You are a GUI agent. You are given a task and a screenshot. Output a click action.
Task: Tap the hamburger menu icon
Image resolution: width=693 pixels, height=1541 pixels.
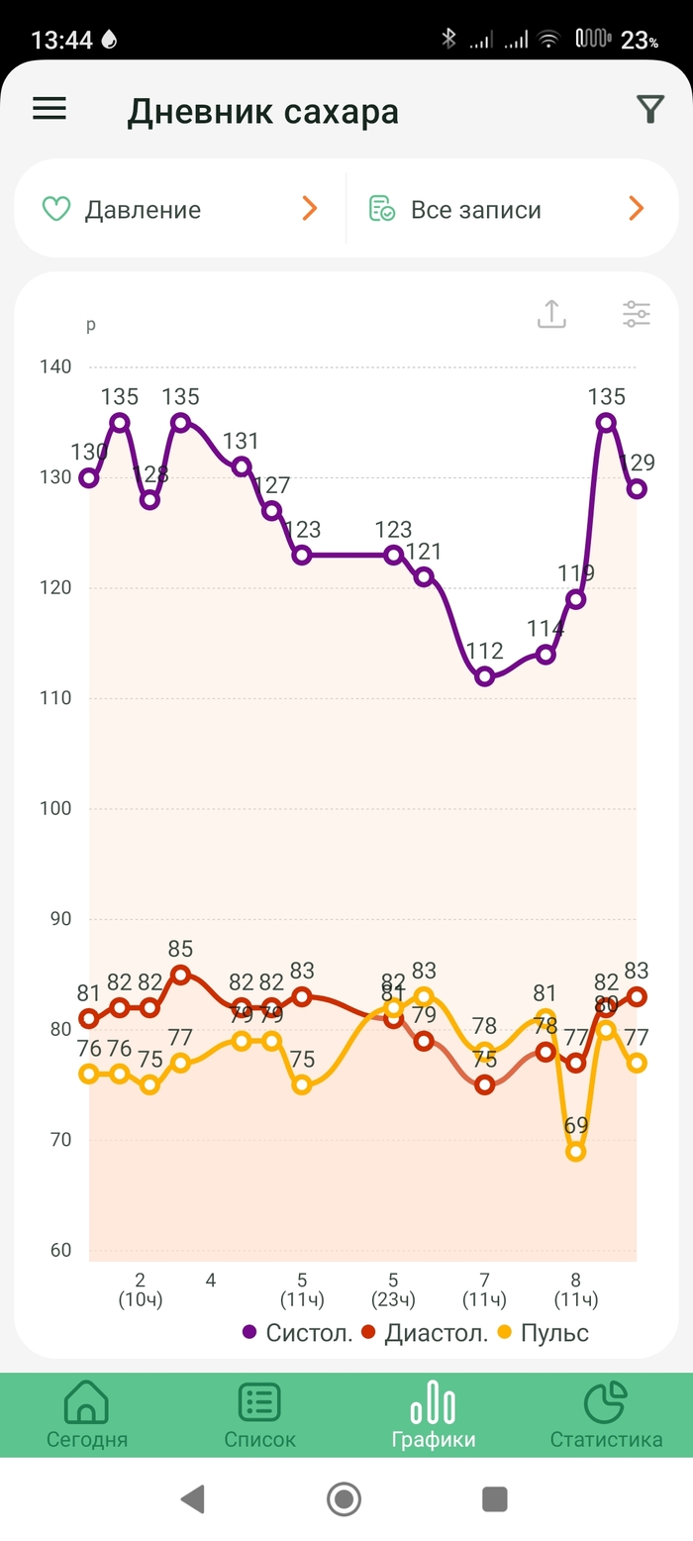[49, 109]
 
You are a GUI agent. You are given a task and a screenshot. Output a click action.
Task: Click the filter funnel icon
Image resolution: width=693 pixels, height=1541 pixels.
[649, 110]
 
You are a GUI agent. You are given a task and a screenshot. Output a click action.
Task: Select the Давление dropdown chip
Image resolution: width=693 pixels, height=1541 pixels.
[179, 209]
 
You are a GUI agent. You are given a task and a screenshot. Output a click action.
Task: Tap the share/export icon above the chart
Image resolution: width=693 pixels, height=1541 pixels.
[551, 314]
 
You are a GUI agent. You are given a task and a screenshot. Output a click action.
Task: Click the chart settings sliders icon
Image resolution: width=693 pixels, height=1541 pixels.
[637, 314]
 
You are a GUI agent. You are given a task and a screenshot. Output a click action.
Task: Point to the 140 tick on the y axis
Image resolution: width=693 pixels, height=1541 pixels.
[55, 367]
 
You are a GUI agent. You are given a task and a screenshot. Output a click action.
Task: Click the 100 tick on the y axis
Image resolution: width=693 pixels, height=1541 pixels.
[55, 809]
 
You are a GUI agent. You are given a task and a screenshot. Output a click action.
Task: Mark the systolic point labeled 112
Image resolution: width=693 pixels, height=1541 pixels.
[485, 677]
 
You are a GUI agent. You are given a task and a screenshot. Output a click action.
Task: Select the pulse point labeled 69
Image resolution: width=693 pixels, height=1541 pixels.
[576, 1152]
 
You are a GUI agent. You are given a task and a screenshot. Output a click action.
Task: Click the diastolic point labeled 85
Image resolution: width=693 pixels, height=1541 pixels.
[180, 975]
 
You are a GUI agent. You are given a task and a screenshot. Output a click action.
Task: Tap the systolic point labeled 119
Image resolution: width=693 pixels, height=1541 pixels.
[576, 599]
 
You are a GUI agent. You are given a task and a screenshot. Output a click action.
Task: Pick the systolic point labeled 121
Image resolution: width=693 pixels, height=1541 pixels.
[424, 577]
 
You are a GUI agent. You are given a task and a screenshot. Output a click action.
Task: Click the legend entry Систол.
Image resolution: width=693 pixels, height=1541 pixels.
[298, 1333]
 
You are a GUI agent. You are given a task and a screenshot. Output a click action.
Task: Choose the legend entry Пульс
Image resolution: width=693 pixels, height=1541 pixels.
[544, 1333]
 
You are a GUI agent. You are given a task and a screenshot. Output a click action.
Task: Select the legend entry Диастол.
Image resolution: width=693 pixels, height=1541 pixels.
[425, 1333]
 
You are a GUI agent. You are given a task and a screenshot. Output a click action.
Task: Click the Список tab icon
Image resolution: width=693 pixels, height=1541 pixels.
[259, 1403]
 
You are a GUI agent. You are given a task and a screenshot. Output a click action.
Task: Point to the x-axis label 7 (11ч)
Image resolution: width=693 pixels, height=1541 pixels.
[484, 1288]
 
